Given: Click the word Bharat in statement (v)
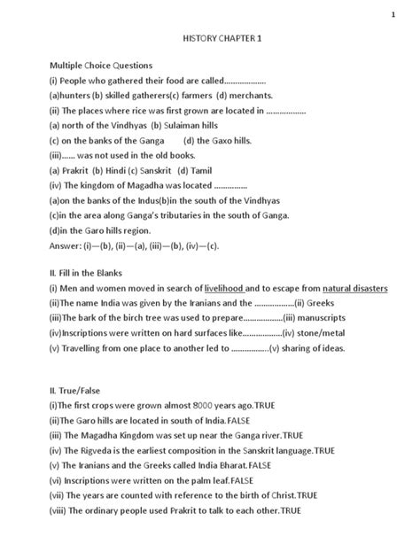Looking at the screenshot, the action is (x=229, y=464).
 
